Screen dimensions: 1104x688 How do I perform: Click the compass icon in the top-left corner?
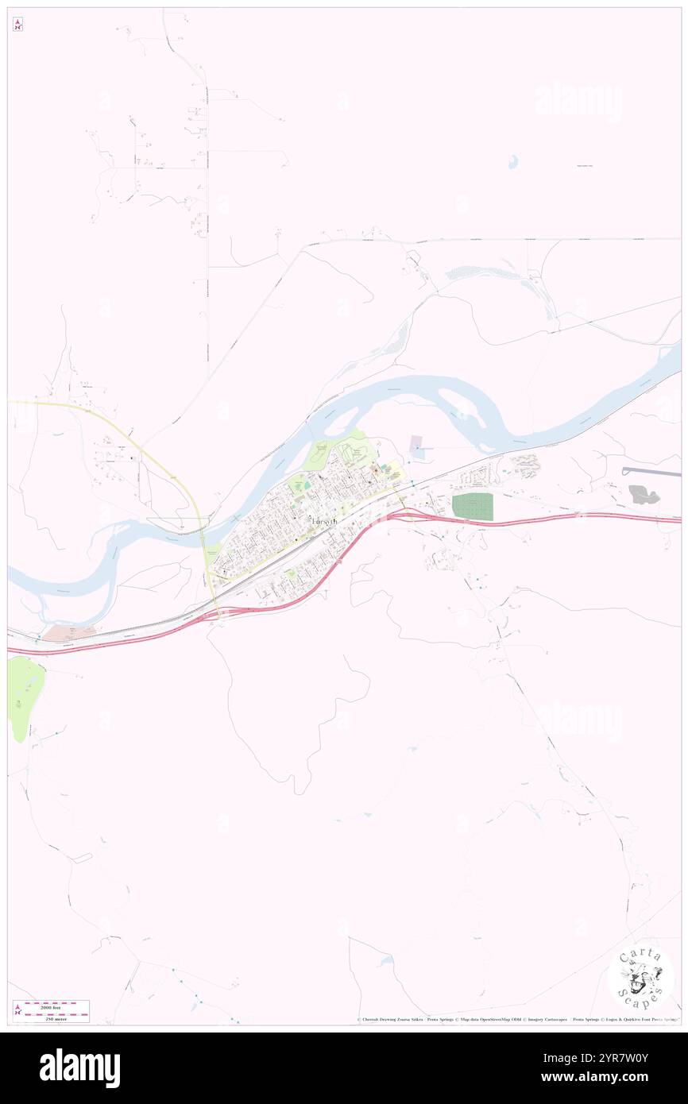tap(17, 25)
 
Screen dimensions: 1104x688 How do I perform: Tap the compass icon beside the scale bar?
tap(17, 1011)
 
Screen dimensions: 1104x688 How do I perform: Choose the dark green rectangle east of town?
tap(472, 507)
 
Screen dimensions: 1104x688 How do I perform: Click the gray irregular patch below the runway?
tap(644, 495)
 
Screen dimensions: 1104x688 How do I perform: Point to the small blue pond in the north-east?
tap(513, 162)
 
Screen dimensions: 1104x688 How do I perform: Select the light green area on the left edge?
tap(24, 695)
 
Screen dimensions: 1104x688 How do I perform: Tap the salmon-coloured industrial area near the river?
tap(68, 633)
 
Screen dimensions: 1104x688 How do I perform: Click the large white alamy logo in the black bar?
tap(79, 1068)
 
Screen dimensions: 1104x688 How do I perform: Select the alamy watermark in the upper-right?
tap(578, 101)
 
